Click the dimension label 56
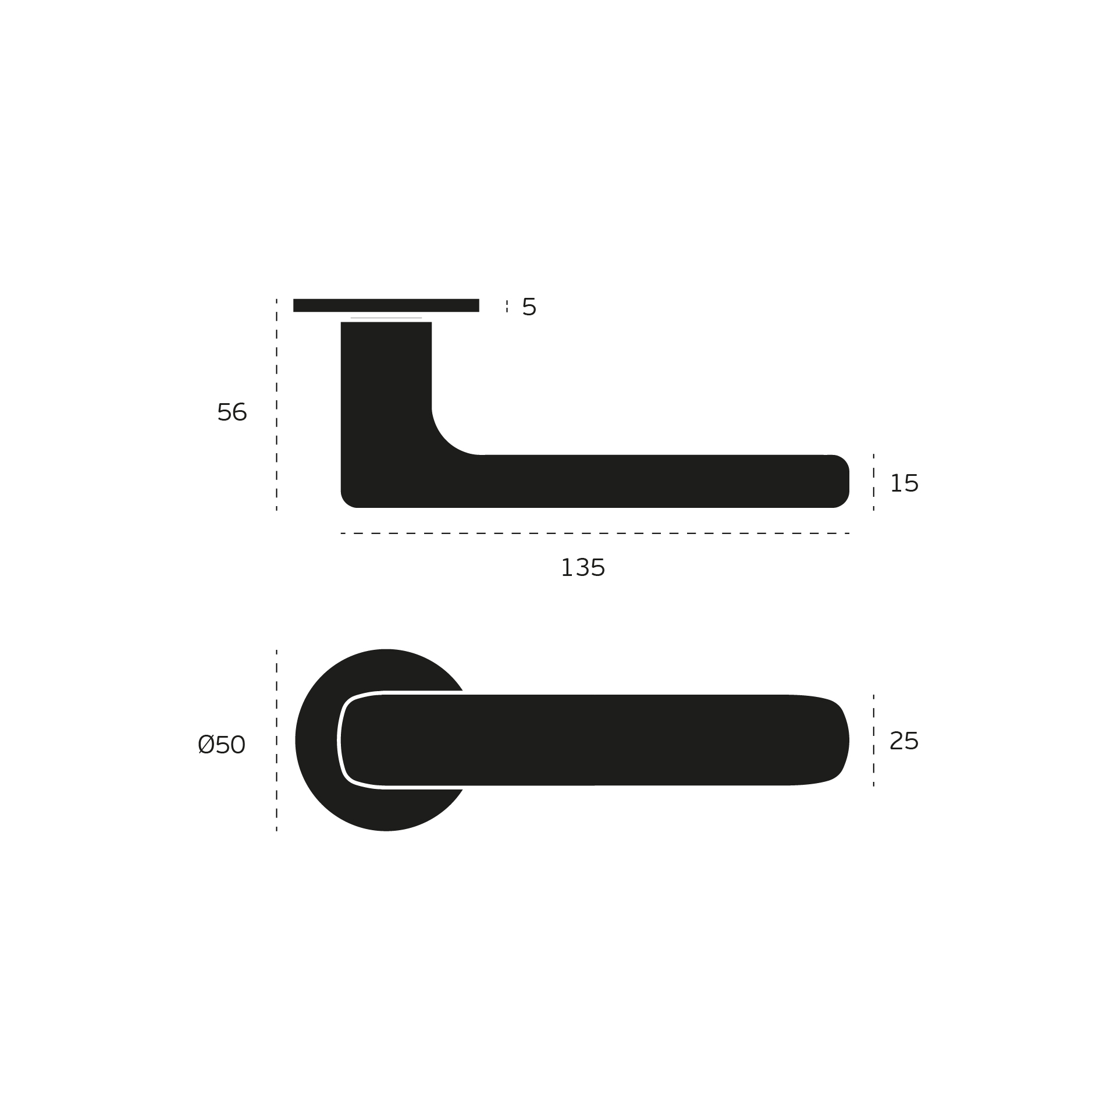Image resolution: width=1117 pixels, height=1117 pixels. [x=232, y=412]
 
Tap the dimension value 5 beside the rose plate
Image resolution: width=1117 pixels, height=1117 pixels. [x=529, y=307]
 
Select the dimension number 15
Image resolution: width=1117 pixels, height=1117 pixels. [x=903, y=483]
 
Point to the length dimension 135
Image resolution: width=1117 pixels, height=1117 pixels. [x=582, y=568]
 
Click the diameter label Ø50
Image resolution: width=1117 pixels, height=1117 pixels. [x=222, y=745]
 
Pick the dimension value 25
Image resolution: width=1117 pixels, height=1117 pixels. [x=903, y=741]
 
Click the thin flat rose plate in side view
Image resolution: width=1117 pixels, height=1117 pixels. [x=386, y=305]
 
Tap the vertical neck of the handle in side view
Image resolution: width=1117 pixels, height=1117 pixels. [x=386, y=378]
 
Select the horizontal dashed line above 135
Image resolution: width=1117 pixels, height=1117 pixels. [x=593, y=533]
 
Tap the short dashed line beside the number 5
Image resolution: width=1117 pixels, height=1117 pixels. [x=507, y=307]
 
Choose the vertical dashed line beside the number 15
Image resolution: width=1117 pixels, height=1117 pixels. [x=873, y=482]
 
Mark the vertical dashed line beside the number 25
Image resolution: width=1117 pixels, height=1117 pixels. [x=873, y=740]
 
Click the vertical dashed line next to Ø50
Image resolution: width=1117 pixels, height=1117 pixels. [x=276, y=740]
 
